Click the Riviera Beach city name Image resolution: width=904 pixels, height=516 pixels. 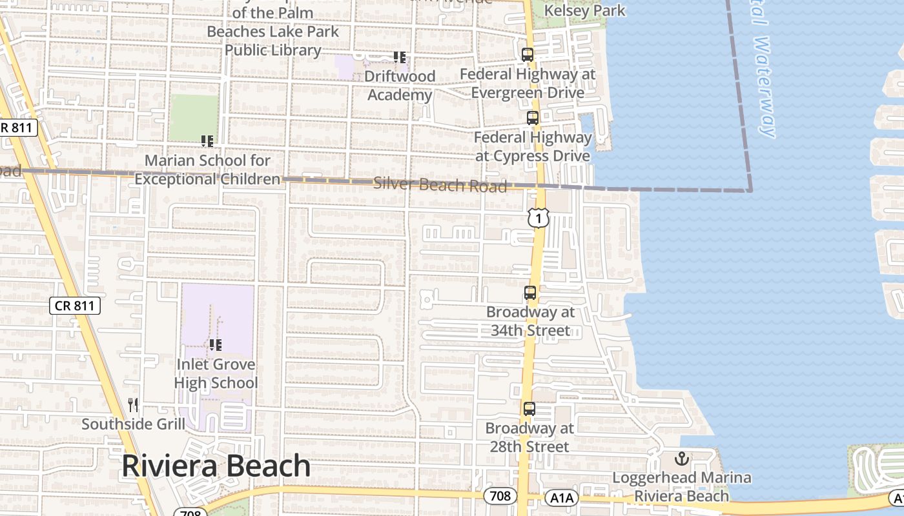click(x=216, y=466)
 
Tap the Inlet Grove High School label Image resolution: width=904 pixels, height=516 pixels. click(x=216, y=374)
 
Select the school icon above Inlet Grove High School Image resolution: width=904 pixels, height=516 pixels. click(x=216, y=345)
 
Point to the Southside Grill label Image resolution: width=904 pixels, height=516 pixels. click(x=133, y=424)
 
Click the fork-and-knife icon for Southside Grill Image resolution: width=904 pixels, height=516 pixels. click(x=133, y=405)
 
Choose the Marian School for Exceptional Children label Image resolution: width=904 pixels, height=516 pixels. click(x=207, y=170)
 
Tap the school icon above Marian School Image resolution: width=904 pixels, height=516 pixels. click(x=207, y=141)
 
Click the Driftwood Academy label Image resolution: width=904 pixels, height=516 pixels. click(x=400, y=86)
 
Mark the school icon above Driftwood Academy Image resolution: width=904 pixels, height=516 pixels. click(x=400, y=57)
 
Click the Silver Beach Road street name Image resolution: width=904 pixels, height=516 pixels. click(x=440, y=184)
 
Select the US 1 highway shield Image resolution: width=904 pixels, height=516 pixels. click(x=538, y=218)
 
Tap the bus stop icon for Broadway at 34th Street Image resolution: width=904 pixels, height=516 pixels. click(x=530, y=293)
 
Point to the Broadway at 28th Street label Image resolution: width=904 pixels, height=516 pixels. click(x=529, y=437)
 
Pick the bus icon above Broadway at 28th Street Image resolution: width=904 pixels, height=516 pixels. click(x=529, y=409)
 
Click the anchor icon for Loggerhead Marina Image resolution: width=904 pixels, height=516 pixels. click(x=682, y=459)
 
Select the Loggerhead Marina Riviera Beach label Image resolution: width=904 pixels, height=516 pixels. click(x=682, y=487)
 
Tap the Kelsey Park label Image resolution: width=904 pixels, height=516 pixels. click(x=585, y=10)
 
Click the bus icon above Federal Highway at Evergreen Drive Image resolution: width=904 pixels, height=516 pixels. click(x=528, y=55)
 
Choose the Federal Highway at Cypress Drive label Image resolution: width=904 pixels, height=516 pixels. click(x=533, y=147)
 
